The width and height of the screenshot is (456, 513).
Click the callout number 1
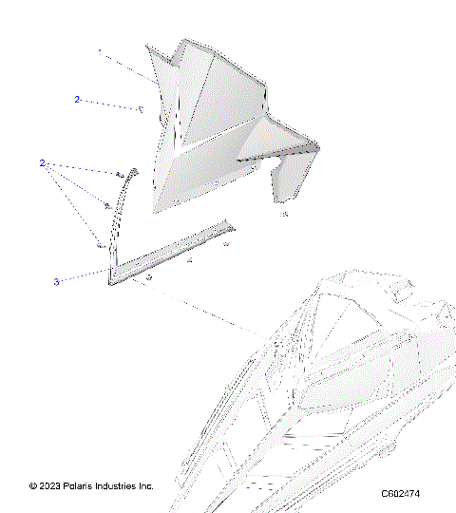click(99, 54)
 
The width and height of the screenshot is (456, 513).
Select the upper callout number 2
click(78, 99)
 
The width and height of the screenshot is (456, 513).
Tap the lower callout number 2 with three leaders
click(43, 163)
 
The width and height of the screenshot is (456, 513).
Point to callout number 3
click(56, 281)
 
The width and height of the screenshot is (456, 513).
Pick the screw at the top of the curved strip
click(119, 175)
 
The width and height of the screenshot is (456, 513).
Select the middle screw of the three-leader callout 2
click(107, 206)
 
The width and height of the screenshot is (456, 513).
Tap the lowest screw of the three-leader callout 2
click(99, 245)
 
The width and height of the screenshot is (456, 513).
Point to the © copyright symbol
click(34, 486)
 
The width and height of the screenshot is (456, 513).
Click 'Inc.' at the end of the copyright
click(147, 486)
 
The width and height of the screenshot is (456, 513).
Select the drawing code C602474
click(400, 494)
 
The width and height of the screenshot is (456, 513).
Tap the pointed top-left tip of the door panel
click(151, 47)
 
